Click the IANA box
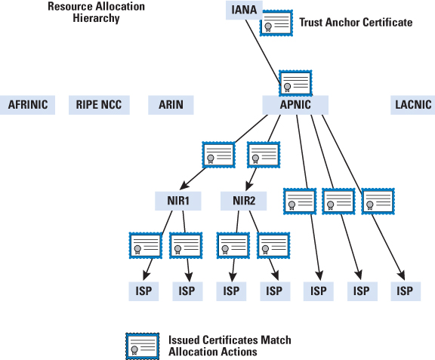coord(244,10)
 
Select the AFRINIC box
coord(27,105)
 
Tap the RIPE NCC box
coord(99,105)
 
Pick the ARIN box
coord(171,105)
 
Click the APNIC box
coord(295,105)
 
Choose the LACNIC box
coord(413,105)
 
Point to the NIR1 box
coord(177,201)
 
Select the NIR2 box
coord(244,201)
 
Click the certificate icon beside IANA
coord(276,23)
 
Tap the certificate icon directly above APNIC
coord(295,83)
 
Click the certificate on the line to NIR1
coord(218,155)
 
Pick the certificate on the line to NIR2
coord(264,155)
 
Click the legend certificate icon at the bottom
coord(143,346)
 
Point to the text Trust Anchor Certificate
coord(356,23)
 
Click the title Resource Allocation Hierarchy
coord(96,12)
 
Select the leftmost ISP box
coord(143,291)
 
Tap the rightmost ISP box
coord(406,291)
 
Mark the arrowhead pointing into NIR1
coord(184,185)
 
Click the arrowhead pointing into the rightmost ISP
coord(401,275)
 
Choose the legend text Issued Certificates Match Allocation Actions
coord(230,346)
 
